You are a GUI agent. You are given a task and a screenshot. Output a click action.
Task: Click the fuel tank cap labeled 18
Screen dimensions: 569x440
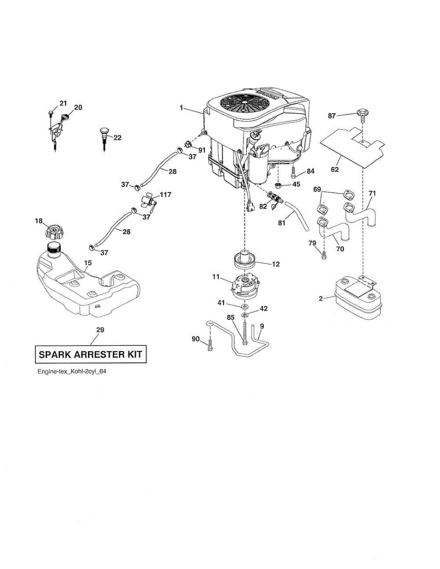click(x=54, y=232)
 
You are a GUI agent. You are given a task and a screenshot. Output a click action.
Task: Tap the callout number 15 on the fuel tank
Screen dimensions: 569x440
click(x=88, y=262)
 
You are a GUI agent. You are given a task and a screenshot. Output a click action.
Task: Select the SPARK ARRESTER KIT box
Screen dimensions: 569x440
click(x=90, y=354)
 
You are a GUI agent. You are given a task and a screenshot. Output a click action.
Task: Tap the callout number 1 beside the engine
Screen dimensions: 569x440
click(x=181, y=108)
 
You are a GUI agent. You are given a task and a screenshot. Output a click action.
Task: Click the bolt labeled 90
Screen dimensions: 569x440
click(x=209, y=348)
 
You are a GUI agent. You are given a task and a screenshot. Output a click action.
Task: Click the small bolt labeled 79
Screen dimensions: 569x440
click(x=324, y=255)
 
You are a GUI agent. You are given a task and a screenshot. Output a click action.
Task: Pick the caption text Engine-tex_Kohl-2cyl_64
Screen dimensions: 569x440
click(x=72, y=372)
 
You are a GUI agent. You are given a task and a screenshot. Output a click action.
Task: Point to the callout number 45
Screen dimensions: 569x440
click(x=296, y=184)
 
